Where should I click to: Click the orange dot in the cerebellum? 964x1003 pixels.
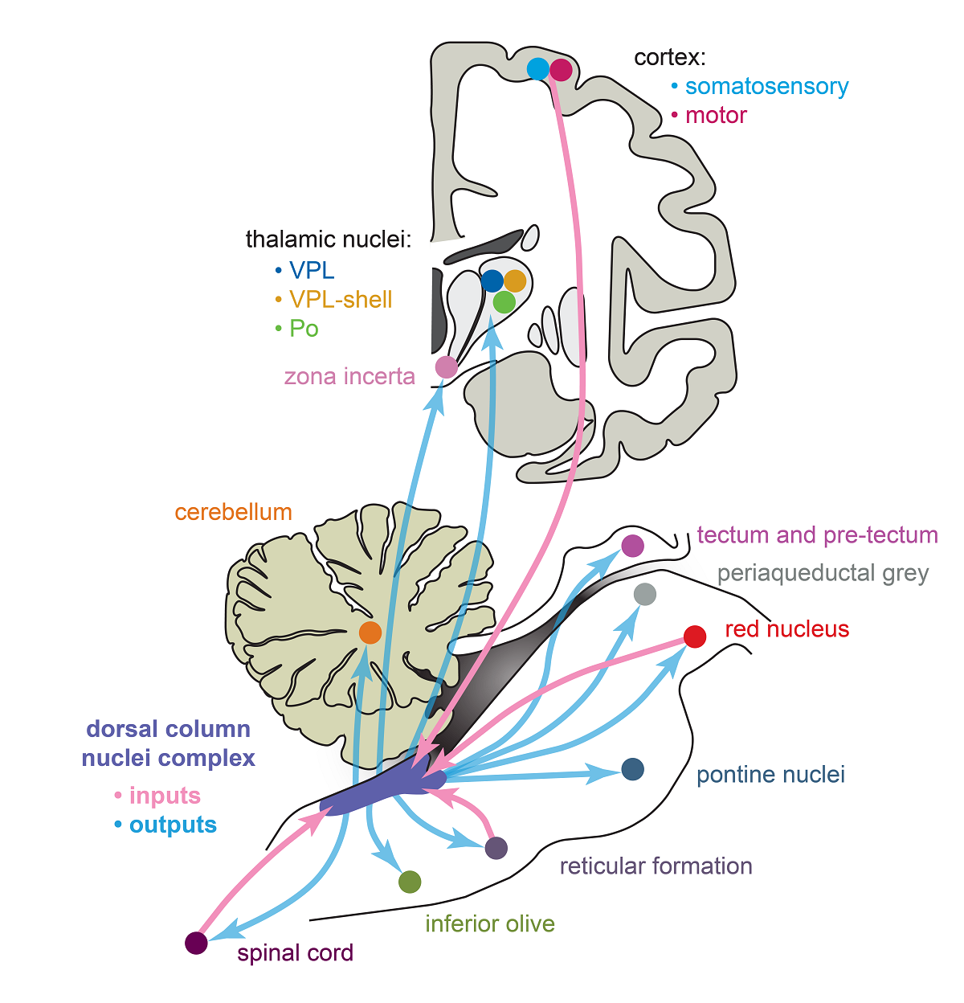pos(370,633)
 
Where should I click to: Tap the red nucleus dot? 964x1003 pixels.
pos(695,637)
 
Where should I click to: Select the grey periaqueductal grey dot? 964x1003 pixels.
pos(645,595)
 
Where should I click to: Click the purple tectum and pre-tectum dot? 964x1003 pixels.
pos(633,546)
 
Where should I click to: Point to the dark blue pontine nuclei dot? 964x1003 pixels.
pos(633,769)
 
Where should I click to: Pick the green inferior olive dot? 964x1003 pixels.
pos(410,882)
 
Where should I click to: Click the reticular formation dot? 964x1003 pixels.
pos(496,847)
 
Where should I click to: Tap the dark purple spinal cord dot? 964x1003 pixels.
pos(196,943)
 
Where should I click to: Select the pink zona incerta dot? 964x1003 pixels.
pos(446,367)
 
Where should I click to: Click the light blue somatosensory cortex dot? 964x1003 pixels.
pos(537,69)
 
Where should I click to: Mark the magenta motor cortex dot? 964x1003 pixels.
pos(561,70)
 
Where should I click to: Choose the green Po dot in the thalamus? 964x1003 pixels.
pos(504,302)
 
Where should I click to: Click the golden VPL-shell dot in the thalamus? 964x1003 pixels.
pos(515,280)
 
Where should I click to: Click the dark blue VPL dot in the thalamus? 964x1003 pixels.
pos(492,280)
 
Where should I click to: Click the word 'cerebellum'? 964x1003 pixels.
pos(233,512)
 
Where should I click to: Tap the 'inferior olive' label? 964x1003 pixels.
pos(490,923)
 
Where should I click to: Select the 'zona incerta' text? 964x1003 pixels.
pos(349,376)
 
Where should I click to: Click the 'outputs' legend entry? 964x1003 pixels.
pos(173,825)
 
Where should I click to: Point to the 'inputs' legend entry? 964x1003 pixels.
pos(165,796)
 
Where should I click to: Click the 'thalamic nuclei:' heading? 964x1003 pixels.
pos(328,239)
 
